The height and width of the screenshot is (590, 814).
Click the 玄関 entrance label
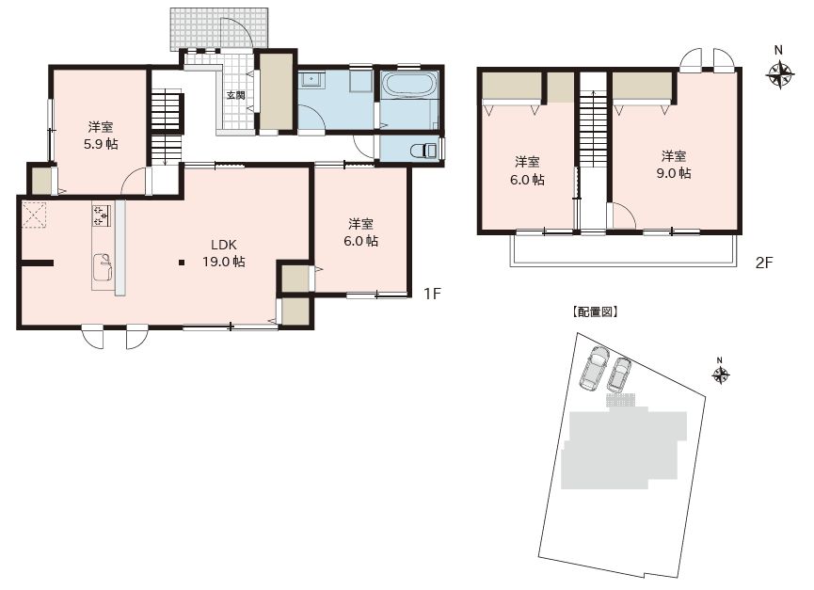[235, 95]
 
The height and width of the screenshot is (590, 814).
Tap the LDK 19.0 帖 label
[224, 253]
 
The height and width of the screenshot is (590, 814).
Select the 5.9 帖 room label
[101, 136]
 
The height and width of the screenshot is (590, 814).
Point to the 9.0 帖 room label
[674, 165]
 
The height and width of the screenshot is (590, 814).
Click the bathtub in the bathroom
[409, 84]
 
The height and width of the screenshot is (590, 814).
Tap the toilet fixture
[424, 151]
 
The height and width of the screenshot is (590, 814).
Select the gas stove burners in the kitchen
[102, 215]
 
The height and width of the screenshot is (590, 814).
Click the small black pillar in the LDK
[182, 263]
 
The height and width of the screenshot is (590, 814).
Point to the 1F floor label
[432, 294]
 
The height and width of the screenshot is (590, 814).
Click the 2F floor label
[764, 263]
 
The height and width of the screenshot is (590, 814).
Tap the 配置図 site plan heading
[595, 311]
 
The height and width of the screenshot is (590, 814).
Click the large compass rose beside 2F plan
[779, 74]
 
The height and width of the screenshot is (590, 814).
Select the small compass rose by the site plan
[720, 375]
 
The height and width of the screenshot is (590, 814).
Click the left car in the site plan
[594, 369]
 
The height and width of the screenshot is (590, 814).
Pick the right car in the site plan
[618, 375]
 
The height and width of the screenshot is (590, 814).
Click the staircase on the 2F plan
[593, 129]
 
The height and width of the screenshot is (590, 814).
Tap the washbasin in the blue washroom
[311, 80]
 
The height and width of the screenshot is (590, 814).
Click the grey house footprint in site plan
[624, 447]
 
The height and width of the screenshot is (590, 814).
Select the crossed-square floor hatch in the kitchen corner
[34, 215]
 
